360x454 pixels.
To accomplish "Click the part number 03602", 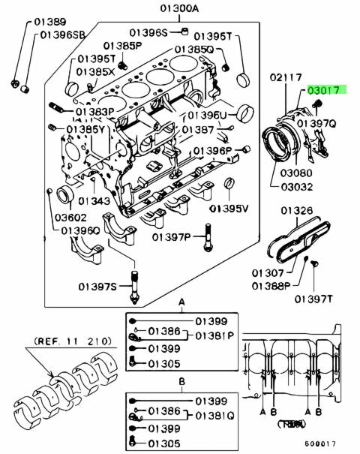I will tap(71, 217).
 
